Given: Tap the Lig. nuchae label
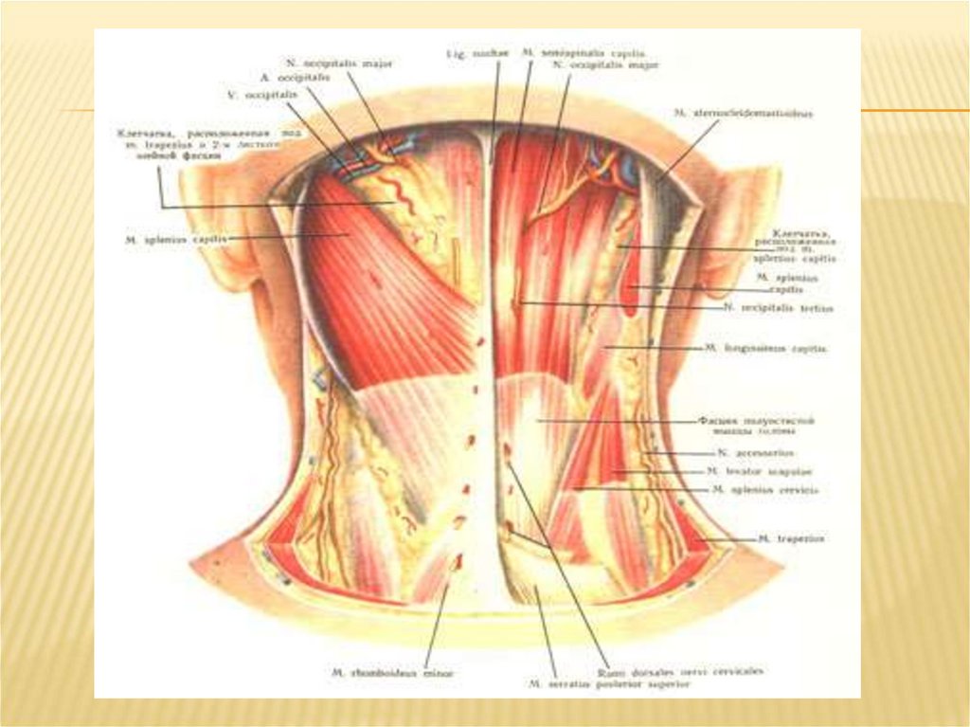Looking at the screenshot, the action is point(465,54).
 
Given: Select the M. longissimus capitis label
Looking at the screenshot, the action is point(766,349).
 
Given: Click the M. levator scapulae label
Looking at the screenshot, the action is point(760,471).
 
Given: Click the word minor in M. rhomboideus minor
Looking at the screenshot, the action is point(438,673).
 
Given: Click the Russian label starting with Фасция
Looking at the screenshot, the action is point(757,424).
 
